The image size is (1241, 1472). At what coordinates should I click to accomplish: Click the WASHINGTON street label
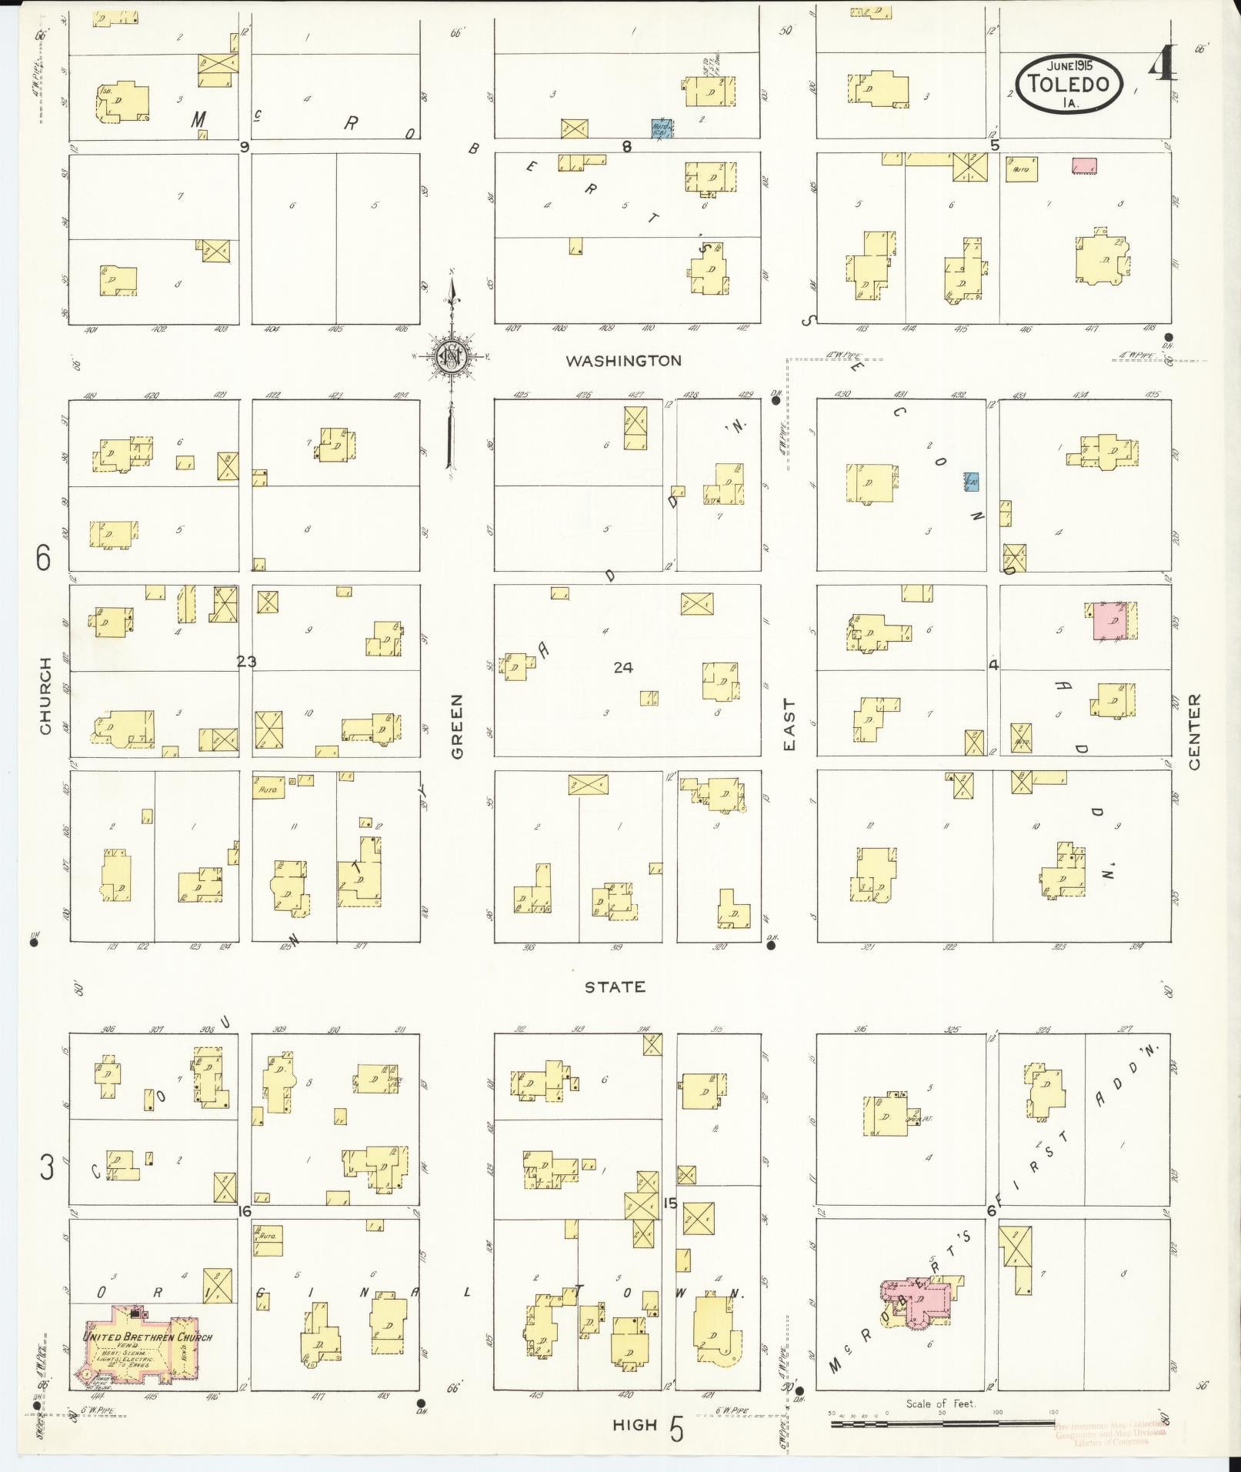[x=623, y=360]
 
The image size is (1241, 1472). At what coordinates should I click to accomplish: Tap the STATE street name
[x=615, y=986]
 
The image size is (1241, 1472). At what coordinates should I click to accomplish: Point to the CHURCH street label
[x=45, y=695]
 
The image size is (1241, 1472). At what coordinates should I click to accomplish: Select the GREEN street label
[x=458, y=726]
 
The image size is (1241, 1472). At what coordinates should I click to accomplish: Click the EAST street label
[x=789, y=724]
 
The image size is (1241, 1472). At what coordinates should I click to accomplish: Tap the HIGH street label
[x=635, y=1424]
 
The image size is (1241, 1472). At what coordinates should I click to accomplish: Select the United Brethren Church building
[x=146, y=1347]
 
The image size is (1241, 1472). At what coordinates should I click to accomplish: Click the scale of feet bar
[x=942, y=1424]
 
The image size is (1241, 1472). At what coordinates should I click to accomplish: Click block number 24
[x=623, y=667]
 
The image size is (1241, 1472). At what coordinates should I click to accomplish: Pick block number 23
[x=246, y=661]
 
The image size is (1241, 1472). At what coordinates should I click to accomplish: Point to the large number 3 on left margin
[x=48, y=1191]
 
